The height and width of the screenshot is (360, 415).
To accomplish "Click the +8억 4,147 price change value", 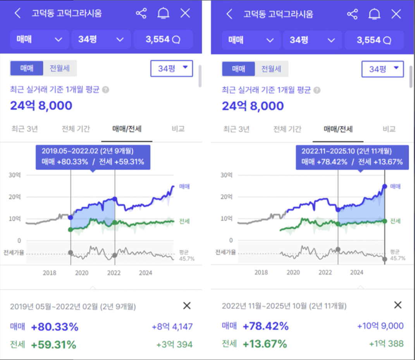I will [172, 327].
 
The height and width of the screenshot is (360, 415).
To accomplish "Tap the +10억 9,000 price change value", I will [380, 326].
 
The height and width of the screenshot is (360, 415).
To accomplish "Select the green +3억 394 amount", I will [174, 344].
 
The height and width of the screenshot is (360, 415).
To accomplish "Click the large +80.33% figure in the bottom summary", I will [55, 327].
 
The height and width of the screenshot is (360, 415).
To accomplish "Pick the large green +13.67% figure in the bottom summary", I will [265, 344].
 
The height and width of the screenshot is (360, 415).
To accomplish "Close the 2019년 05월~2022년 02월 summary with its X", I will [187, 306].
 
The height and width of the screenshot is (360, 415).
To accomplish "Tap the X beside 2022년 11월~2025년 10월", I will [398, 305].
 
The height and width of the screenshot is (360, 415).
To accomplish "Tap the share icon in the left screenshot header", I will [141, 14].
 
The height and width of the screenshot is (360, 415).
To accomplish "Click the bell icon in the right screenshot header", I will [374, 14].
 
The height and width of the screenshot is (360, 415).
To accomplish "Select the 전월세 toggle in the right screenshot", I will [271, 69].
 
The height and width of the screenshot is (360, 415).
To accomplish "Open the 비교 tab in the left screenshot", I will [178, 129].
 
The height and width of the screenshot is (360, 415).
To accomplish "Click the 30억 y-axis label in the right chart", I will [226, 175].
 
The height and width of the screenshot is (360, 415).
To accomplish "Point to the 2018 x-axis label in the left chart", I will [50, 273].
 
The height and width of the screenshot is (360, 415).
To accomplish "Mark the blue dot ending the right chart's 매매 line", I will [384, 186].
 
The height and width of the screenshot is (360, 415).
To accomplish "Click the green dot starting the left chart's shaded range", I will [71, 230].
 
